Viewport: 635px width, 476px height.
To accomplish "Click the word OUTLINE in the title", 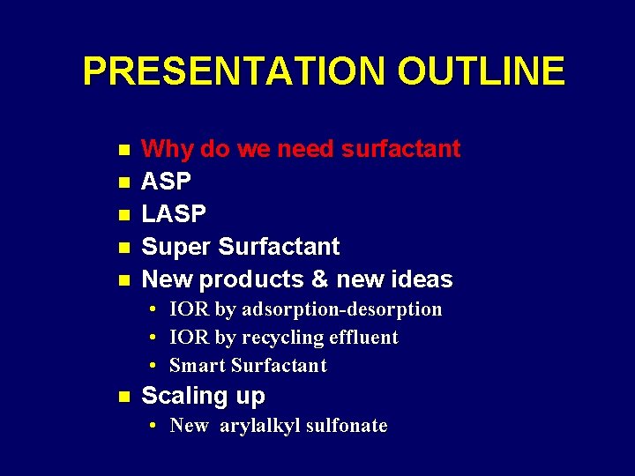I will click(x=481, y=71).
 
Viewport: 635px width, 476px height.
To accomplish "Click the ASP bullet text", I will click(x=167, y=182).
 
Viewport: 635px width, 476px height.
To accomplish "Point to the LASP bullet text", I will click(x=174, y=214).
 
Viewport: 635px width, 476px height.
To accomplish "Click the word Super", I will click(x=176, y=247).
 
